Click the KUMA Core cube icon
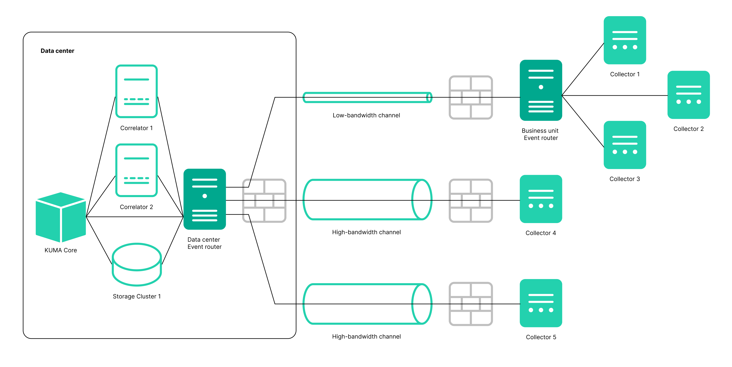pos(61,217)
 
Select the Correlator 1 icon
pos(136,91)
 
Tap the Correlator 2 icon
pos(136,170)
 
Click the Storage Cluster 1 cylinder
pos(137,264)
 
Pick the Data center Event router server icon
pos(205,199)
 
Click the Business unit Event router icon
pos(541,90)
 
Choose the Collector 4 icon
pos(541,199)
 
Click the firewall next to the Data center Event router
pos(264,200)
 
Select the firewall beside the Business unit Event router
pos(471,97)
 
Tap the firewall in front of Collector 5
pos(471,304)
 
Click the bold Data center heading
pos(57,51)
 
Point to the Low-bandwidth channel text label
pos(366,115)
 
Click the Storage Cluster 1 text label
pos(137,296)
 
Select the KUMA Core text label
pos(61,250)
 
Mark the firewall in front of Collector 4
pos(471,200)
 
